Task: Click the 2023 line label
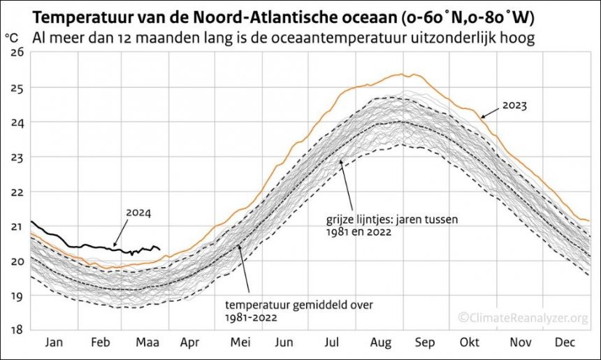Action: click(514, 106)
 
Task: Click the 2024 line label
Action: click(139, 213)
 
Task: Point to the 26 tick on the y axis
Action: click(16, 53)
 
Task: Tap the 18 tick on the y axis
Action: click(16, 329)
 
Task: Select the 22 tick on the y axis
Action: click(16, 192)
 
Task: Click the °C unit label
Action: click(12, 35)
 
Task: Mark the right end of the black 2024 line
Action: click(160, 249)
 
